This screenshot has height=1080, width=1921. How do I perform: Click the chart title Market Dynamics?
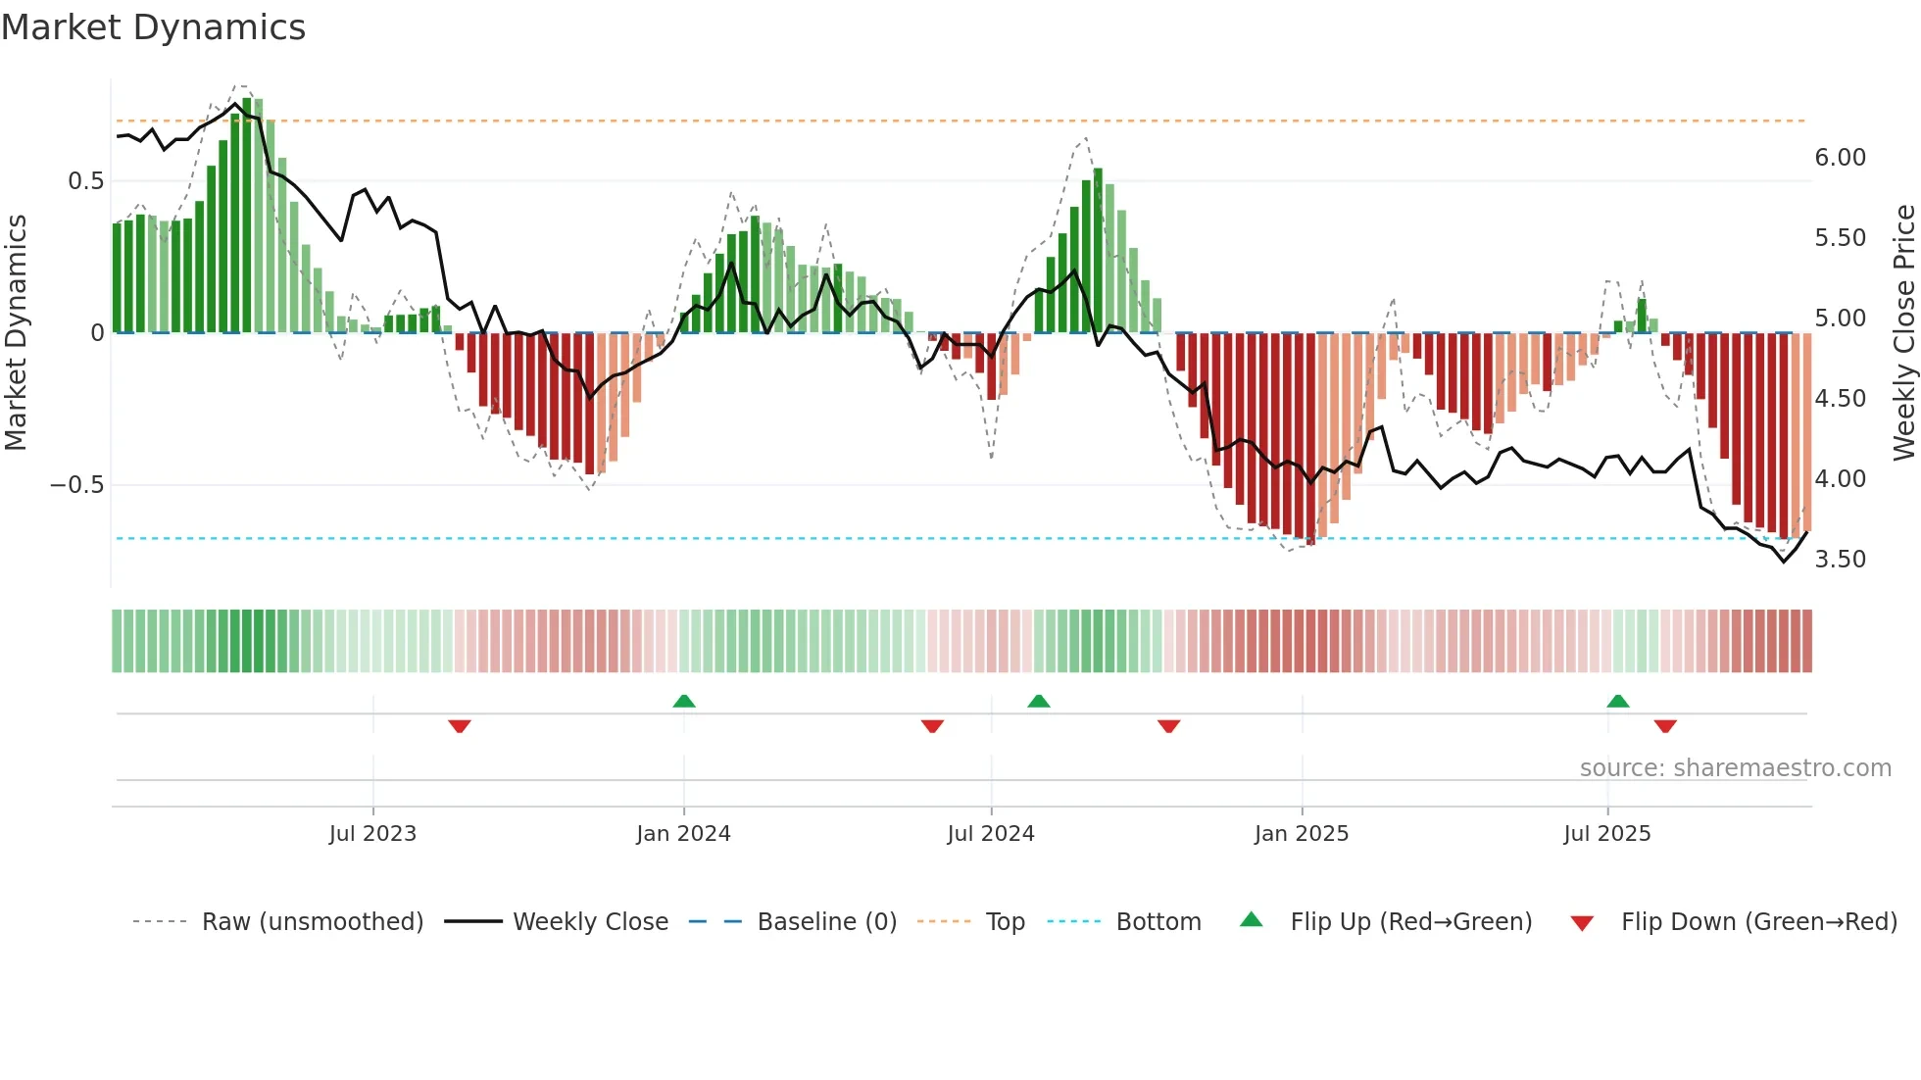154,27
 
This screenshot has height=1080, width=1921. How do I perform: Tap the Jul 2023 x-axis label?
372,834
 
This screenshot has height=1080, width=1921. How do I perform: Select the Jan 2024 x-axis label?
683,834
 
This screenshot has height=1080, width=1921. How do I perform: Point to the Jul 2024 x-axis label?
991,834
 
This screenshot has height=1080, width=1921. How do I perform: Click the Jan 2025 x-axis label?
1302,834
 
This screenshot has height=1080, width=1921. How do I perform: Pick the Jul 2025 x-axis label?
1607,834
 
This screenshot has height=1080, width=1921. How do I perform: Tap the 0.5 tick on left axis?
85,181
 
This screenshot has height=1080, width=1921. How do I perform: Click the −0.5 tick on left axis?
76,485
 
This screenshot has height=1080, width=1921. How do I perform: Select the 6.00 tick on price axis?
1840,158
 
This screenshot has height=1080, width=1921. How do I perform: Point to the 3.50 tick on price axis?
1840,560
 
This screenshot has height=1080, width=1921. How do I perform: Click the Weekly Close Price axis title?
1903,332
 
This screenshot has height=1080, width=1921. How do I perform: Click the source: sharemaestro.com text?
1736,768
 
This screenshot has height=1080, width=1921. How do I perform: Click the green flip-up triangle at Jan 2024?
684,701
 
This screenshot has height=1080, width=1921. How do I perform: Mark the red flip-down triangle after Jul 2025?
1665,726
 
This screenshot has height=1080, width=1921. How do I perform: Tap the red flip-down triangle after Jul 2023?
460,726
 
